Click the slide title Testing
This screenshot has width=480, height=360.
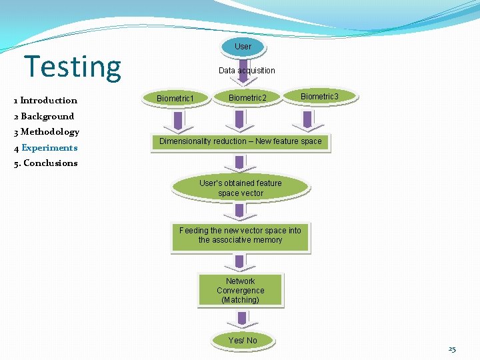tap(73, 67)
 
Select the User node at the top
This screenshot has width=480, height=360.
tap(243, 46)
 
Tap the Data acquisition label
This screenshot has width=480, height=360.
tap(247, 70)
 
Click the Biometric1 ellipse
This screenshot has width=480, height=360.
tap(175, 98)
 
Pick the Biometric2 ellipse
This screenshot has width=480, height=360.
tap(247, 98)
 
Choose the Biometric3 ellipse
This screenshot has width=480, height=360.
tap(319, 97)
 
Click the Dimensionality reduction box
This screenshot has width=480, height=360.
tap(240, 141)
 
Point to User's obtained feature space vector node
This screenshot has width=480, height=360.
tap(241, 188)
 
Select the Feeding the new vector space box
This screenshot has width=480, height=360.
tap(240, 235)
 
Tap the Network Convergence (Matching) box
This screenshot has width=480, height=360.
tap(241, 291)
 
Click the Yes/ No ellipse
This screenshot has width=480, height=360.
tap(243, 340)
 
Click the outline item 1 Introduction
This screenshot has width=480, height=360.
tap(45, 101)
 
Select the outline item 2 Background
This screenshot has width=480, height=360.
tap(43, 116)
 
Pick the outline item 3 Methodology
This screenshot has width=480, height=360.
tap(46, 132)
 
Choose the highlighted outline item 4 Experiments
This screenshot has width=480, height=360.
tap(45, 148)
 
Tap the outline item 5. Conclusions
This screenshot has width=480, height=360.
tap(45, 163)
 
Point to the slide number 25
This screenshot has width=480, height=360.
tap(452, 349)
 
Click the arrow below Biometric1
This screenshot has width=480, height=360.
tap(177, 121)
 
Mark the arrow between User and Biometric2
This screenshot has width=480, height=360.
tap(243, 75)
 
